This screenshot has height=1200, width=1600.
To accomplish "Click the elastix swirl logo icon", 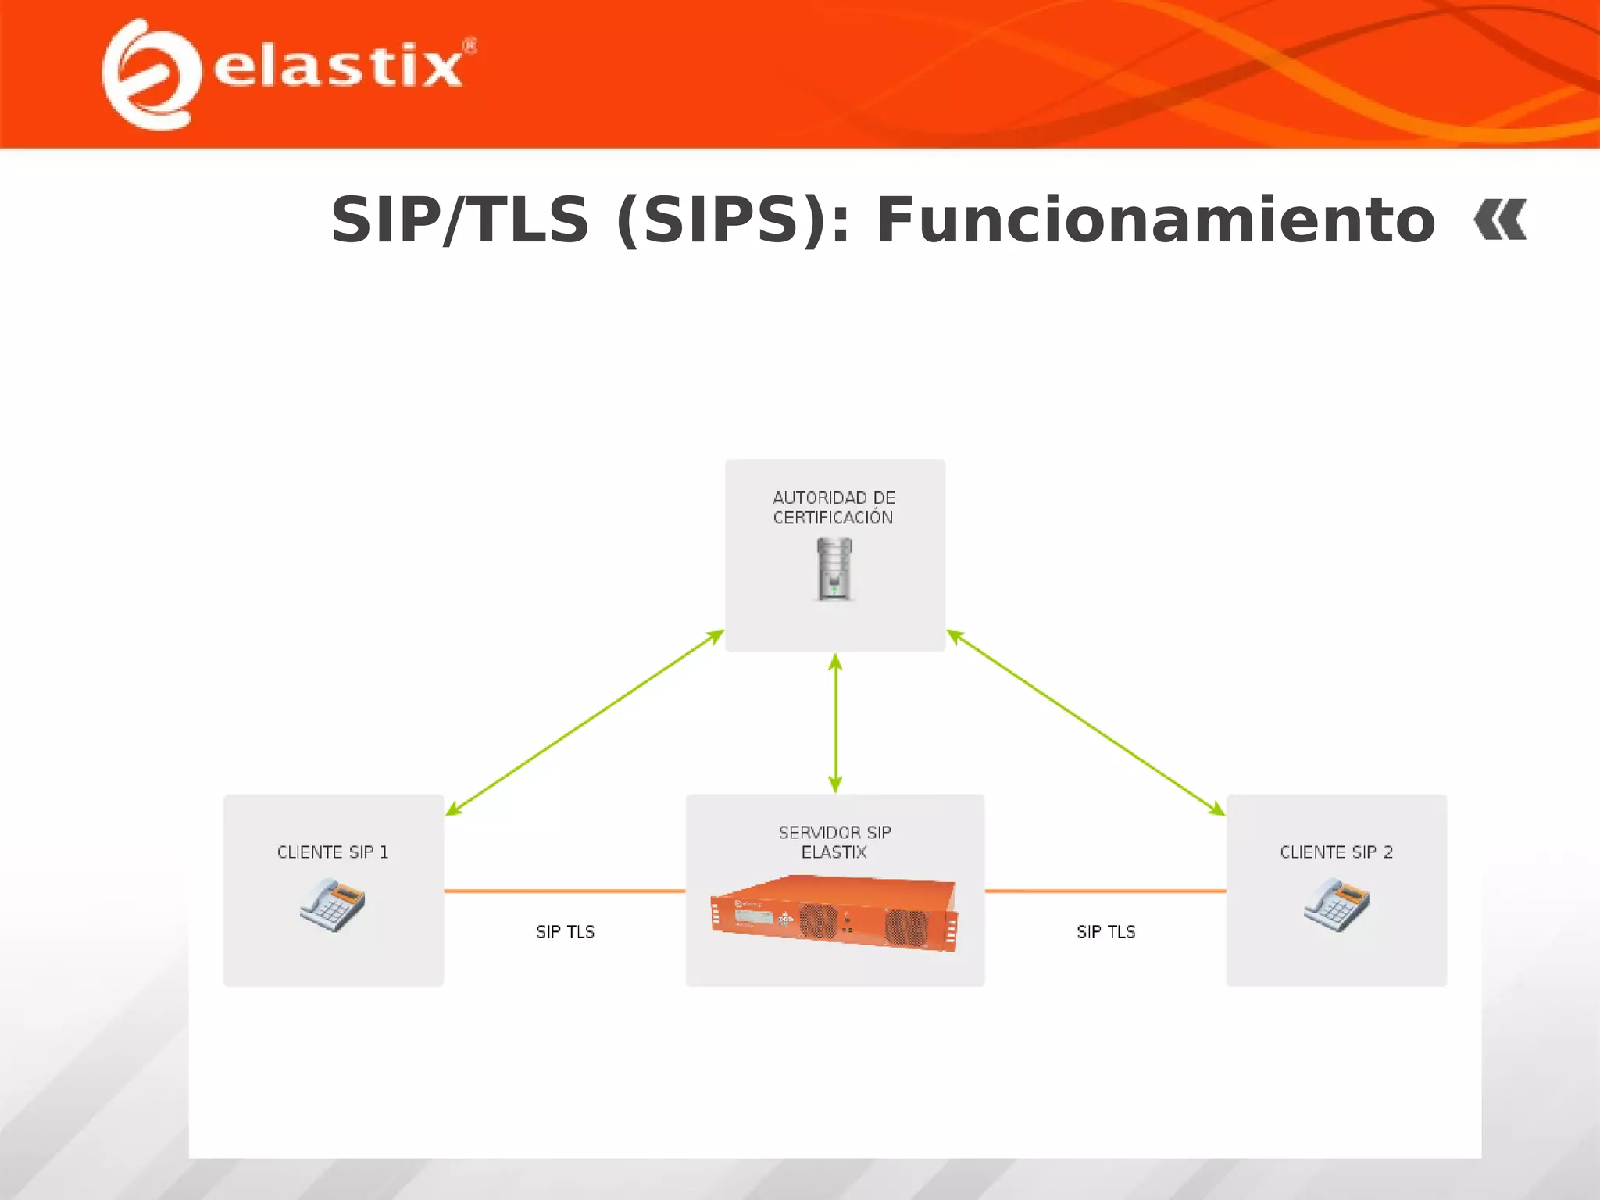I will click(150, 75).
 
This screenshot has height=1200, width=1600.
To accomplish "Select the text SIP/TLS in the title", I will click(459, 220).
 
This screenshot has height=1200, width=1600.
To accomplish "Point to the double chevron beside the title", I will click(1500, 220).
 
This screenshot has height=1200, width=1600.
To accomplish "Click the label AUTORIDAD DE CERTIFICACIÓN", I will click(834, 507).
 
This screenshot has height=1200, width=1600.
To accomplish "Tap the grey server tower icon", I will click(834, 569).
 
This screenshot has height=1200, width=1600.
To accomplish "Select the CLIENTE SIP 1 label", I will click(333, 852).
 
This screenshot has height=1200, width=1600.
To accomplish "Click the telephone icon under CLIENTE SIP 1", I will click(333, 904).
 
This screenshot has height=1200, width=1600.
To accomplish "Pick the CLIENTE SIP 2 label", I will click(1336, 852).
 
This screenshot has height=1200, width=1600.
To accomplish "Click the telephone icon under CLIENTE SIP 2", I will click(1336, 904).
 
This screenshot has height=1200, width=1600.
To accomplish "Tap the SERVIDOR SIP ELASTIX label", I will click(834, 842).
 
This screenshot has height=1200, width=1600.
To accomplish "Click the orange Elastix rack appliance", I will click(834, 912).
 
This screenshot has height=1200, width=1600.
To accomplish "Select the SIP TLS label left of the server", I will click(565, 931).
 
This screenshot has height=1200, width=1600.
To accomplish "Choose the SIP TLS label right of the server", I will click(1105, 931).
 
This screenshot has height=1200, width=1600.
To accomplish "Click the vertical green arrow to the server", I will click(835, 723).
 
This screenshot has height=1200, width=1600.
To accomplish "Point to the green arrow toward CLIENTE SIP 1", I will click(584, 723).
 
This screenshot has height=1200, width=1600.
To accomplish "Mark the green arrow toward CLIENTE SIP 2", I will click(1086, 723).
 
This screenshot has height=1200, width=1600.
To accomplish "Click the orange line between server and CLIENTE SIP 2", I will click(1105, 891).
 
